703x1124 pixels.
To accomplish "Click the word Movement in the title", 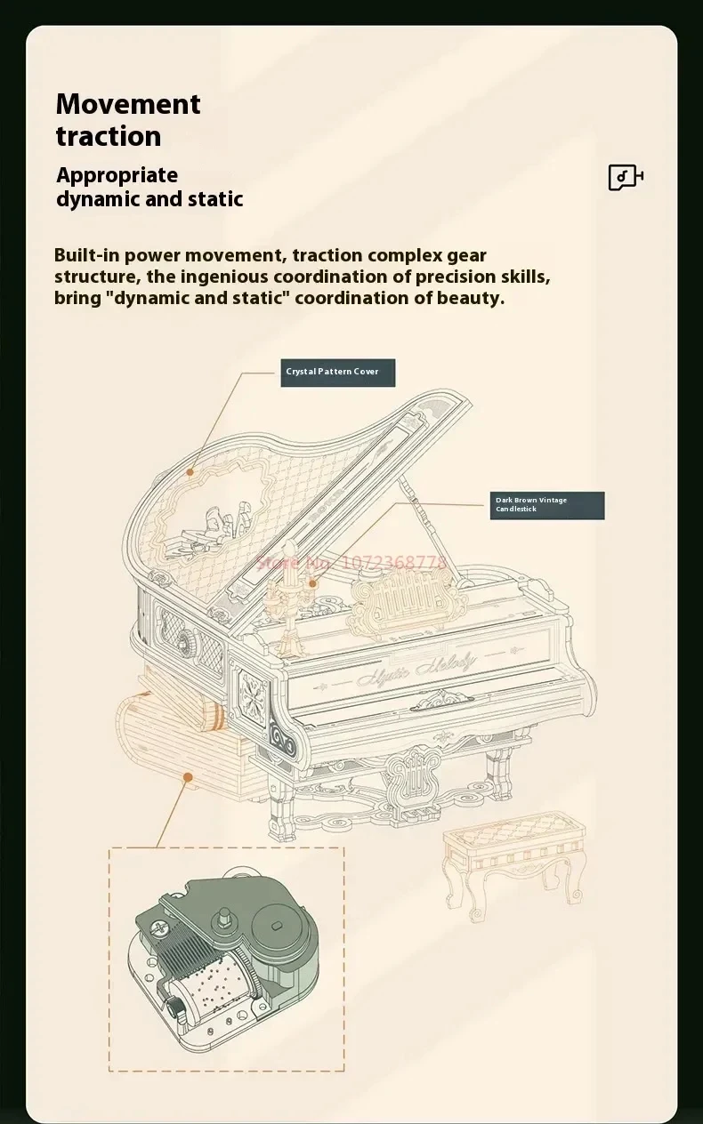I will (x=128, y=104).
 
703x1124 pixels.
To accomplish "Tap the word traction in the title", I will (x=109, y=136).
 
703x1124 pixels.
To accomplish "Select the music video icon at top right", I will (x=626, y=177).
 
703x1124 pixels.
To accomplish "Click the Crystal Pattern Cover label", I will (x=337, y=372).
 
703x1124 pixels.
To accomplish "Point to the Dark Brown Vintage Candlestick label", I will (x=546, y=505).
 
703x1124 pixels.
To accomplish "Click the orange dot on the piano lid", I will (x=190, y=472).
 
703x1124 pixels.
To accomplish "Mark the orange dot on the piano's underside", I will (x=188, y=776).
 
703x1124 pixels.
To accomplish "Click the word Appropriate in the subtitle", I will (x=117, y=175).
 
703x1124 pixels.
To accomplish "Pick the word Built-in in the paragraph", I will (x=86, y=255).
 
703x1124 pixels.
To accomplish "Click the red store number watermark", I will (x=351, y=562).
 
